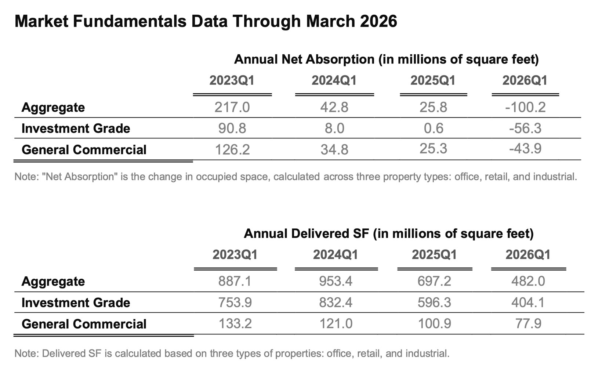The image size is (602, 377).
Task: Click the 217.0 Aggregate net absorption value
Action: coord(232,107)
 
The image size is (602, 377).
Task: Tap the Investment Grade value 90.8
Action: coord(232,128)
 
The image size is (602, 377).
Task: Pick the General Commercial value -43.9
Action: coord(525,149)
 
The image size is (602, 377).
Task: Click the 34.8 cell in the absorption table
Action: coord(334,150)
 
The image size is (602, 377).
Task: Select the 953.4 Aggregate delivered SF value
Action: coord(336,281)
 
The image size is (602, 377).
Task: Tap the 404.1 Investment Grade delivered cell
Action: coord(528,302)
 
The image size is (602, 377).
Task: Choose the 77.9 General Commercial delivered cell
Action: coord(528,324)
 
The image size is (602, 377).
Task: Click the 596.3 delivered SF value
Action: coord(435,302)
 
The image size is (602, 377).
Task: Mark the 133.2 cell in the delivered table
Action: coord(235,324)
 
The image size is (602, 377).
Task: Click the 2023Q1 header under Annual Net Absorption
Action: coord(232,80)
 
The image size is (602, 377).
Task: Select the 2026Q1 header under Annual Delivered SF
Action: coord(528,254)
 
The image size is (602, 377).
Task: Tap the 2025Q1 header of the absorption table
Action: coord(433,80)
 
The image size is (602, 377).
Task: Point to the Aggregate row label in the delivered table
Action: coord(53,282)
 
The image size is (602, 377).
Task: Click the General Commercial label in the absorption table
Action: coord(84,150)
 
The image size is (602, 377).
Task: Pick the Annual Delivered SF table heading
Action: coord(388,233)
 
